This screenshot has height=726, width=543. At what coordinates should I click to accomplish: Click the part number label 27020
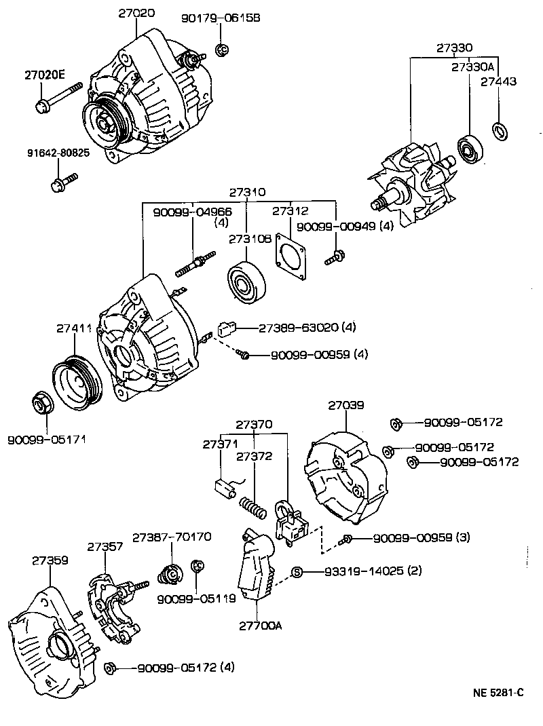(x=136, y=13)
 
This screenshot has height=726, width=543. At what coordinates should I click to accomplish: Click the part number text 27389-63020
(x=297, y=328)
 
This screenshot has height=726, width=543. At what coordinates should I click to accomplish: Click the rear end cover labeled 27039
(x=344, y=475)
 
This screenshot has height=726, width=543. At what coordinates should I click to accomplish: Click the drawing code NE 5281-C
(x=498, y=693)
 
